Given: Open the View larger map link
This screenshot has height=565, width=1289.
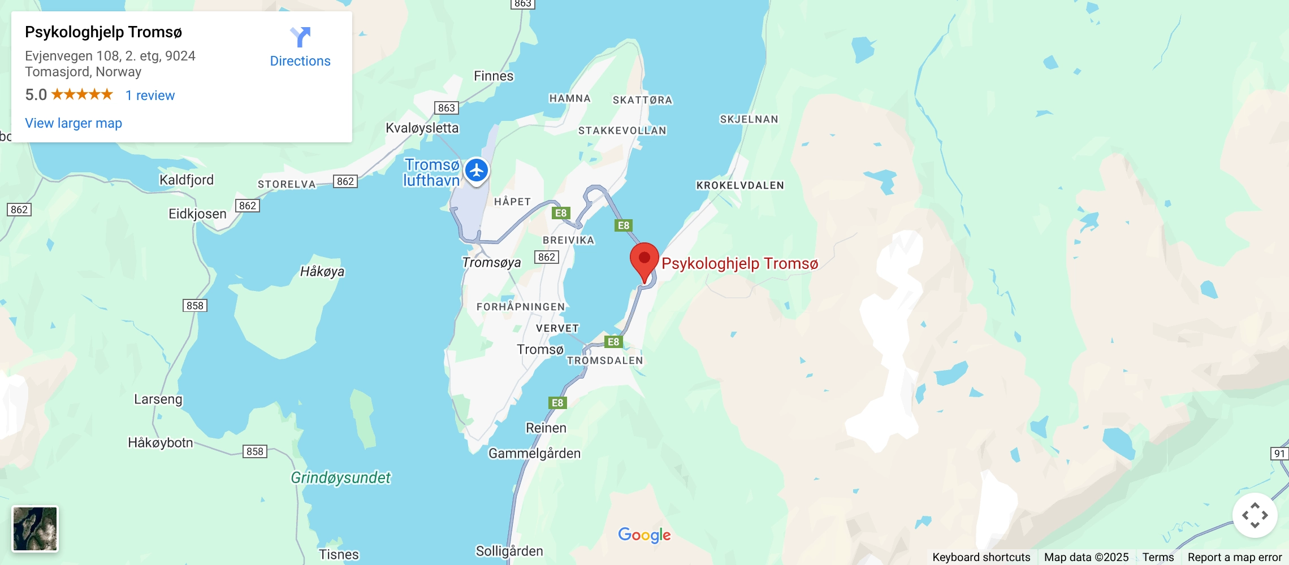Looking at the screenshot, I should pos(73,123).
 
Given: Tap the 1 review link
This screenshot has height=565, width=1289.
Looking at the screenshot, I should pos(150,95).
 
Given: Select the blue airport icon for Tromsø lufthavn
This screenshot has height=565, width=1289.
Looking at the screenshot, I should pos(477,170).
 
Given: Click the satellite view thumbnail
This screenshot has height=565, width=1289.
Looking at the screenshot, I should pos(35,529).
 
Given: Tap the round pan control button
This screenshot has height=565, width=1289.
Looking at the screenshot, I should pos(1255,515).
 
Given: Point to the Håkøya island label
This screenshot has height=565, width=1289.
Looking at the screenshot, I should pos(322,272).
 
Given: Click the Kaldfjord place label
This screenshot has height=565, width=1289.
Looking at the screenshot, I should pos(187,180).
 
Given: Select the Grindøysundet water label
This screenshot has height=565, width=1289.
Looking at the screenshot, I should pos(340,478).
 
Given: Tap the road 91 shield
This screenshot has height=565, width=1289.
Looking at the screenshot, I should pos(1279,454).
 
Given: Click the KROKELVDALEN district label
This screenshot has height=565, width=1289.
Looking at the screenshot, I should pos(740,185).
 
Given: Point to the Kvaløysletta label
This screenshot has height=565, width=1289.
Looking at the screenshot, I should pos(422,128).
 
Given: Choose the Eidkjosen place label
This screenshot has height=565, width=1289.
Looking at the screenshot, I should pos(197,214).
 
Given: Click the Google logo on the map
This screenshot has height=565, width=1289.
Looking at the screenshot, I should pos(644,534).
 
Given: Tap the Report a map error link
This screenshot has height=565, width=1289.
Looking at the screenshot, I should pos(1235,557).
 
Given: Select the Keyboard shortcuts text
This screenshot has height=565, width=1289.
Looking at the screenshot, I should pos(981,557).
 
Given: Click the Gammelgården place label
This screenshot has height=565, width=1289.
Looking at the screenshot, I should pos(534,454).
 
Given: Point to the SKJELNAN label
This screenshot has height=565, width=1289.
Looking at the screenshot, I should pos(749,119).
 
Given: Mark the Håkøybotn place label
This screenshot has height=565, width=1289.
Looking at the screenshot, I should pos(161,443).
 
